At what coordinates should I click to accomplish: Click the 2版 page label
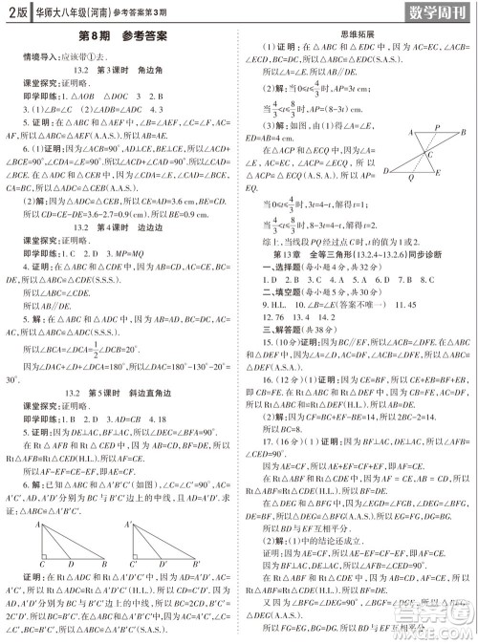[14, 11]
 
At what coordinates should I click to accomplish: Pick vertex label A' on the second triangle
[128, 524]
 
